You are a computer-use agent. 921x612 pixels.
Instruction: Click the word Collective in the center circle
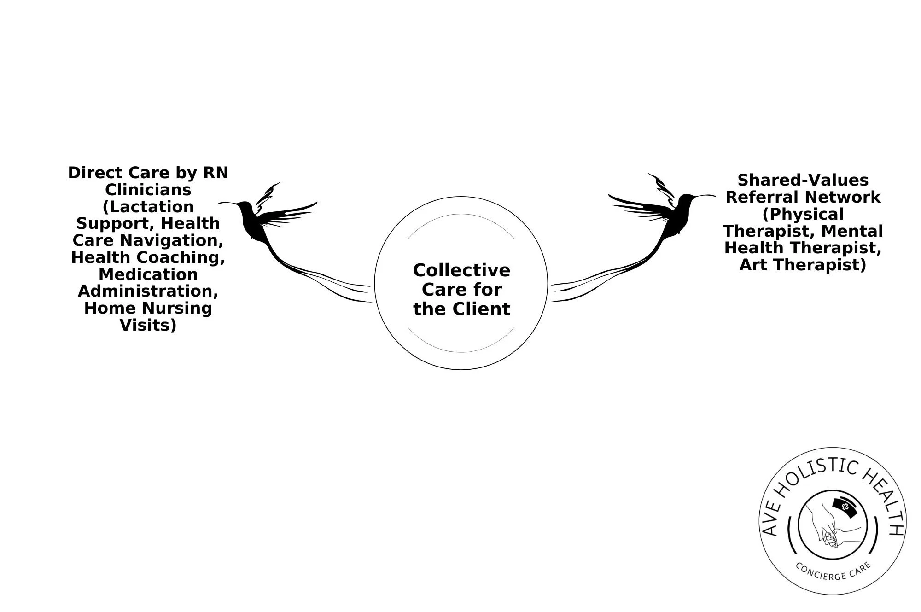(461, 270)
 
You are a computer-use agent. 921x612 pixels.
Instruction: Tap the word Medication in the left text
(148, 274)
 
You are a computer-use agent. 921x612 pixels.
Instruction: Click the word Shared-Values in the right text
(803, 180)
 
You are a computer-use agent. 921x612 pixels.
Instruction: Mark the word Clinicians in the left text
(148, 190)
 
